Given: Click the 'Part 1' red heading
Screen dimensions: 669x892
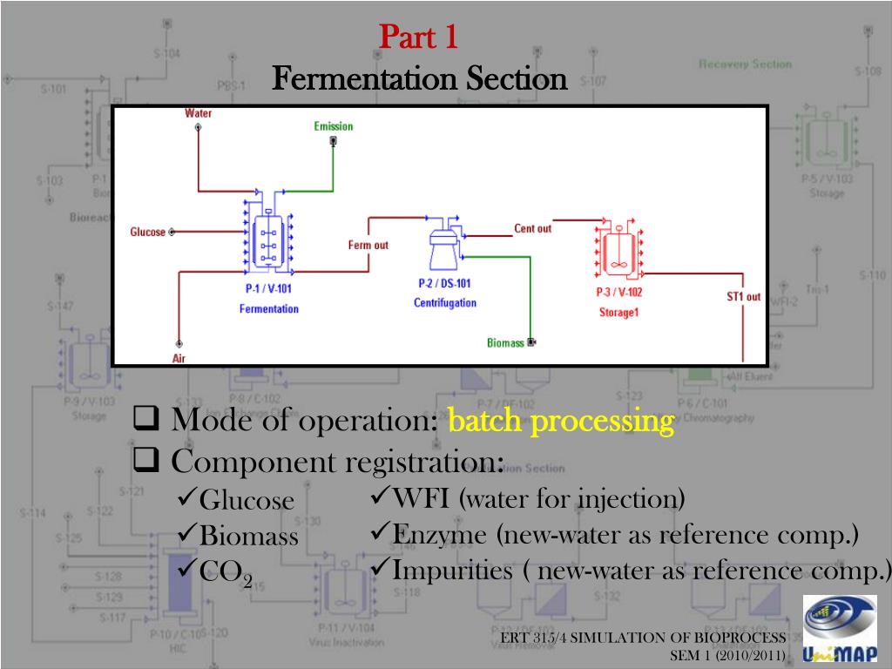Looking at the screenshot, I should [x=419, y=37].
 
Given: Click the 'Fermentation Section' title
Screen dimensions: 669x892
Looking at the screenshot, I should [x=419, y=79].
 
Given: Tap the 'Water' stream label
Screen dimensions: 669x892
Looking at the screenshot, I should [x=198, y=113].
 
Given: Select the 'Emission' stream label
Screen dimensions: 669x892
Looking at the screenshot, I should [x=334, y=126].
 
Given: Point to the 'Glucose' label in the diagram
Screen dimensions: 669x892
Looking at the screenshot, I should [x=148, y=232].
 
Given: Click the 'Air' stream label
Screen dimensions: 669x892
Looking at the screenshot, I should [x=179, y=357].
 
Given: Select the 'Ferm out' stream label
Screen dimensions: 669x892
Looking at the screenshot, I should [x=368, y=245].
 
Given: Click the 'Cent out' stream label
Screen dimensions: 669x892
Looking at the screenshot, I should [x=532, y=228].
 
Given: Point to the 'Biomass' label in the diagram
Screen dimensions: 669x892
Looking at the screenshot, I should [x=505, y=342].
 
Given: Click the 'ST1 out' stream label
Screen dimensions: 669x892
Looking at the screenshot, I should [x=743, y=296].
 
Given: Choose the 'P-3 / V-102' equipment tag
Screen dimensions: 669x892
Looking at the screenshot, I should [x=618, y=293].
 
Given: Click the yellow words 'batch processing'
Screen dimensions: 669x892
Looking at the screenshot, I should [x=561, y=422].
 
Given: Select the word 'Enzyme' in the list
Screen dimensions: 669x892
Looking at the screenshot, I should [x=431, y=535].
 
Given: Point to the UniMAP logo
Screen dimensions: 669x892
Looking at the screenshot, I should [x=839, y=629].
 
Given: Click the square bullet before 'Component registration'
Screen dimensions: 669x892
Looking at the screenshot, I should [x=144, y=461].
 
